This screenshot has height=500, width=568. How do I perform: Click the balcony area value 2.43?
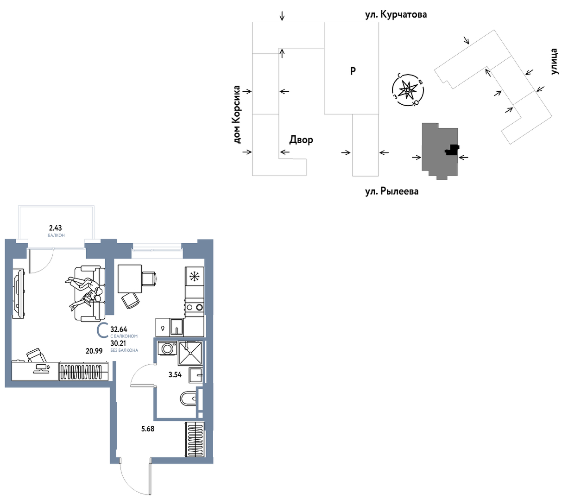pos(55,228)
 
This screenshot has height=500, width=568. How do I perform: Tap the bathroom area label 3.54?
pos(175,374)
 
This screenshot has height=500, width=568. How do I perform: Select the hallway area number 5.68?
pos(147,429)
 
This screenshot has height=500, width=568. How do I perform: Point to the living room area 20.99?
pos(94,350)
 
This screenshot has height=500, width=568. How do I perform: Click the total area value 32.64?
pos(119,329)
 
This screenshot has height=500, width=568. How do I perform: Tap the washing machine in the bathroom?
pos(167,348)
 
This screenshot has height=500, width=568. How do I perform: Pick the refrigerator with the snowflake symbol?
pos(194,276)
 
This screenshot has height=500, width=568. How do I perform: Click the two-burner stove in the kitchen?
pos(194,307)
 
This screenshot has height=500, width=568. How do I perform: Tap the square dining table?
pos(130,278)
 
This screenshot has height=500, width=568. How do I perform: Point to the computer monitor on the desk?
pos(41,368)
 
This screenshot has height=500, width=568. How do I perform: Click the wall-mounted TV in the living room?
pos(19,293)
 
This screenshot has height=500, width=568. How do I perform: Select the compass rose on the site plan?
pos(407,90)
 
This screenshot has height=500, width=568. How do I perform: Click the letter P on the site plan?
pos(353,71)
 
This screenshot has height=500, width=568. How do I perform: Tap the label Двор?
pos(301,139)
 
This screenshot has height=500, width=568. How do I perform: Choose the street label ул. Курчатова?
pos(396,14)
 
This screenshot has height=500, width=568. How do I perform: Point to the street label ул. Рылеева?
pos(391,191)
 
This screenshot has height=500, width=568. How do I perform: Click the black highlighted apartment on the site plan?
pos(452,150)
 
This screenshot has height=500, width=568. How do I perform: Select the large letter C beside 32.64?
pos(102,330)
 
